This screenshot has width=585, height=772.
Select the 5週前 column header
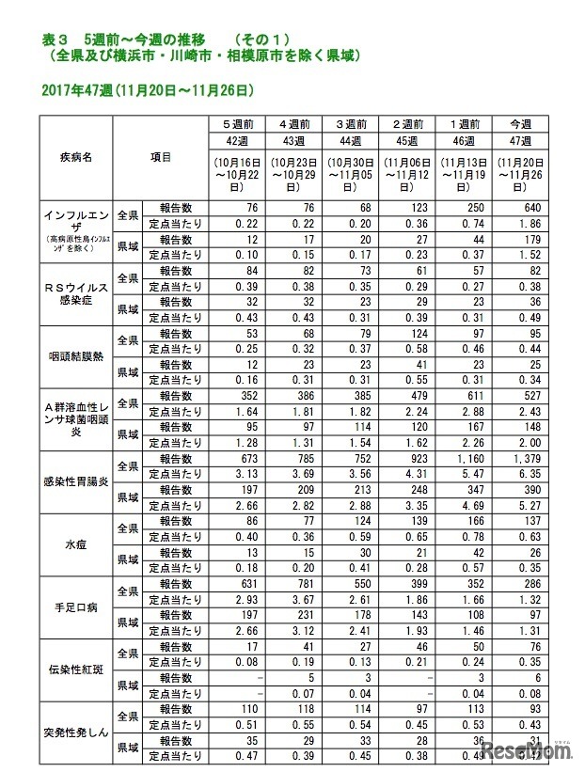pyautogui.click(x=241, y=125)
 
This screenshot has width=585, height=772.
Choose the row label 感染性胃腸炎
pyautogui.click(x=74, y=481)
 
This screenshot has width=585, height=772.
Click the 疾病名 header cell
pyautogui.click(x=74, y=159)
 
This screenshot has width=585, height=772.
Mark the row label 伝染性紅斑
pyautogui.click(x=74, y=670)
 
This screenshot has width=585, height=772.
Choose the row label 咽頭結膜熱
pyautogui.click(x=74, y=356)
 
